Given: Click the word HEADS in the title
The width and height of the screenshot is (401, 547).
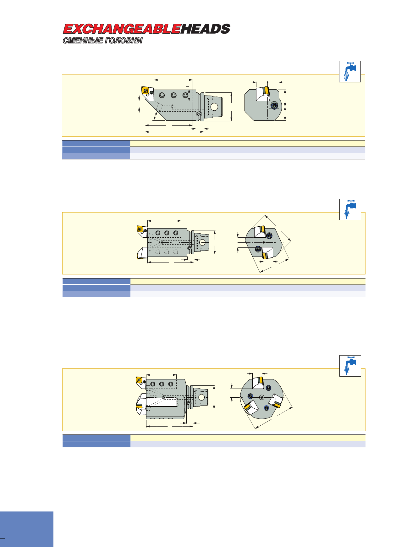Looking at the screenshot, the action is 206,29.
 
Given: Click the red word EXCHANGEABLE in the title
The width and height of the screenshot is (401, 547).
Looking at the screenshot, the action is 122,29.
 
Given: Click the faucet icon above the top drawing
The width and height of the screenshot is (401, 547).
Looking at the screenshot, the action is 350,72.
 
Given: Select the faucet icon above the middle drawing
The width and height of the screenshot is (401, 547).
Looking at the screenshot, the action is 350,209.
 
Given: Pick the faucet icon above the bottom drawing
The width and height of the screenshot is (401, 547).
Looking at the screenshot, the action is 350,366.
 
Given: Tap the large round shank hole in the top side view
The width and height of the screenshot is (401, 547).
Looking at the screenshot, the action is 214,107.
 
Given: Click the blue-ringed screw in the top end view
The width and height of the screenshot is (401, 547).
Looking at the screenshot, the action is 274,106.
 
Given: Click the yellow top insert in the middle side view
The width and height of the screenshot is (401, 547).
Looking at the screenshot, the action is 140,229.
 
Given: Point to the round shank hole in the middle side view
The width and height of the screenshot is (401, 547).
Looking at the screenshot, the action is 202,242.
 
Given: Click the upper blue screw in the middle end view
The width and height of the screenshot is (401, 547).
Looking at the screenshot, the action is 269,236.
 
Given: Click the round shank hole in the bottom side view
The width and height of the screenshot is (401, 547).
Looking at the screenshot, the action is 202,397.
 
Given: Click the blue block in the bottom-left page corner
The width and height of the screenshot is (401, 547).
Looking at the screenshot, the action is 27,529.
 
